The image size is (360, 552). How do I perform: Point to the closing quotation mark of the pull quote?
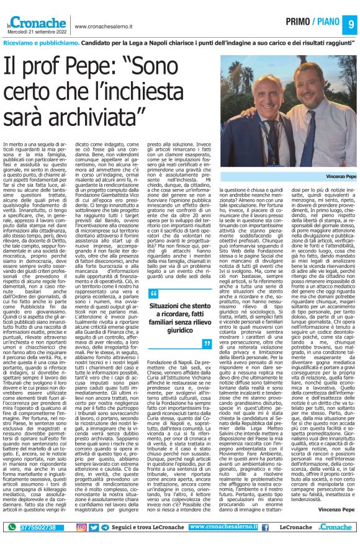click(x=208, y=343)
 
